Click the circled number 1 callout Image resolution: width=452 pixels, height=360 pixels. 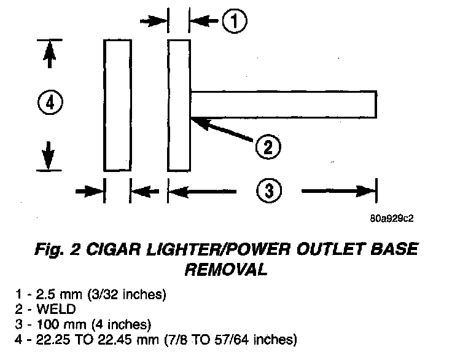(x=234, y=22)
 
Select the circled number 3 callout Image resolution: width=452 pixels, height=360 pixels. (x=268, y=191)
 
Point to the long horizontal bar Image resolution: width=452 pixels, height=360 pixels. (x=283, y=104)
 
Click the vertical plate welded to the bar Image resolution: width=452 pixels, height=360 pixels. (x=179, y=105)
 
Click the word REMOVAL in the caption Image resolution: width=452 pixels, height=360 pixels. (x=226, y=268)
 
